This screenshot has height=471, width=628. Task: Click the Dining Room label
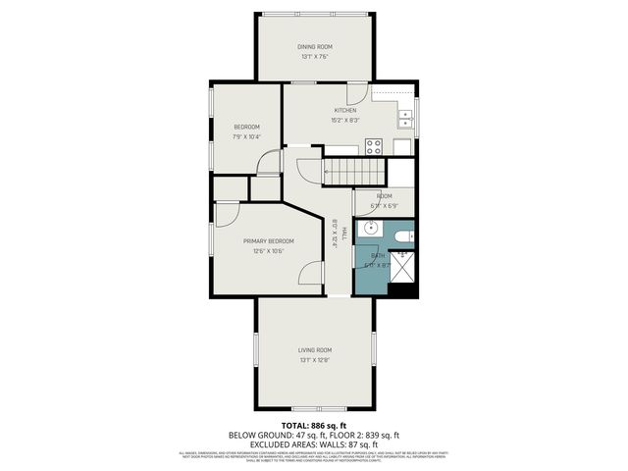pos(315,46)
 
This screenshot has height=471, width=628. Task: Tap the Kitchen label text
pos(344,110)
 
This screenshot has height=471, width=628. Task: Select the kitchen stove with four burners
pos(374,147)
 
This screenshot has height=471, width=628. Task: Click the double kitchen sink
pos(404,118)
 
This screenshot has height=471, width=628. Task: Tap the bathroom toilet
pos(401,236)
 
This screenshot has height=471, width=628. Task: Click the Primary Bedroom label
pos(268,240)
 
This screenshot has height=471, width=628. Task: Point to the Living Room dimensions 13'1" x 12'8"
pos(315,360)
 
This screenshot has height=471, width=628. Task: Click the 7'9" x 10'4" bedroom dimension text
pos(246,136)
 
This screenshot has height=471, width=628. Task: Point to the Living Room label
pos(315,349)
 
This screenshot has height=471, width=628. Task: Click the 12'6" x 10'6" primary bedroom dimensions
pos(268,251)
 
